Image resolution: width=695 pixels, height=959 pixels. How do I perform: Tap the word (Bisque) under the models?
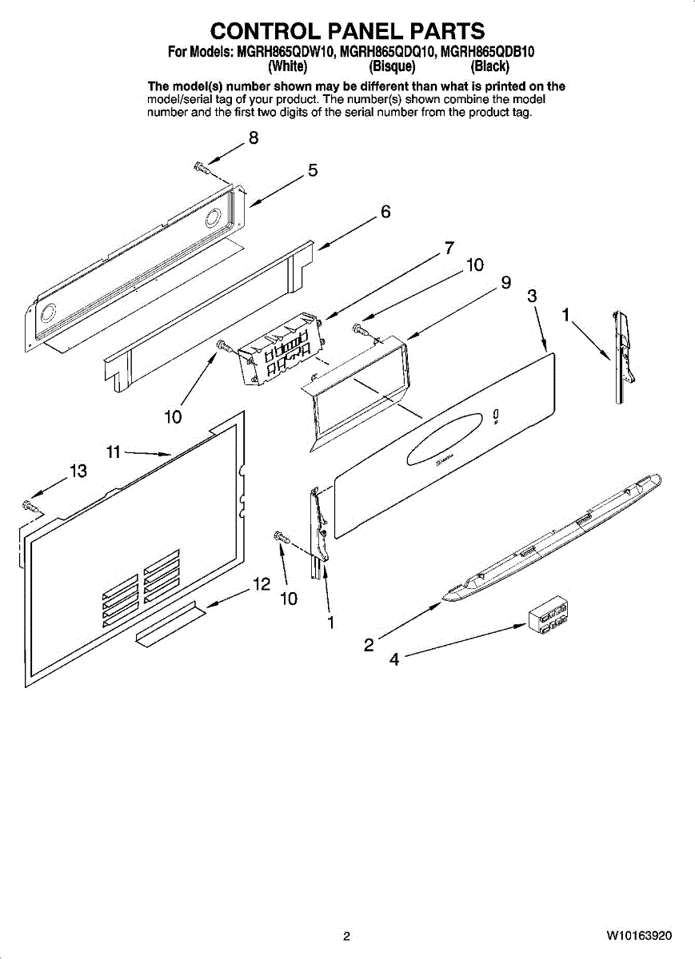tap(392, 66)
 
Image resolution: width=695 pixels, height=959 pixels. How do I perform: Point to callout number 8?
tap(254, 137)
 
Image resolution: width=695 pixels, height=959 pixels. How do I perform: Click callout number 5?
tap(313, 170)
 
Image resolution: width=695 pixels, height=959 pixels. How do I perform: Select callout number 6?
tap(385, 213)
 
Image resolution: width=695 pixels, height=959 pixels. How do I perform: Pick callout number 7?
tap(449, 248)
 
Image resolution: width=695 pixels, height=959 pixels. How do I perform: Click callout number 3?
tap(532, 296)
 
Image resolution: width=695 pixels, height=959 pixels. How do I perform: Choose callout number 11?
tap(114, 452)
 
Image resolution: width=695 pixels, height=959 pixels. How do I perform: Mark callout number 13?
tap(78, 472)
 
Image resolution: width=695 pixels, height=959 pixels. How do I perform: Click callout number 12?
tap(261, 585)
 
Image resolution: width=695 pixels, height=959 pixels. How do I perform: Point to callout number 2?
tap(369, 645)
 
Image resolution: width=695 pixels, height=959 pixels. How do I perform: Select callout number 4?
tap(393, 660)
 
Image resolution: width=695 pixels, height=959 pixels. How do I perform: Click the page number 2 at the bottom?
tap(346, 936)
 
